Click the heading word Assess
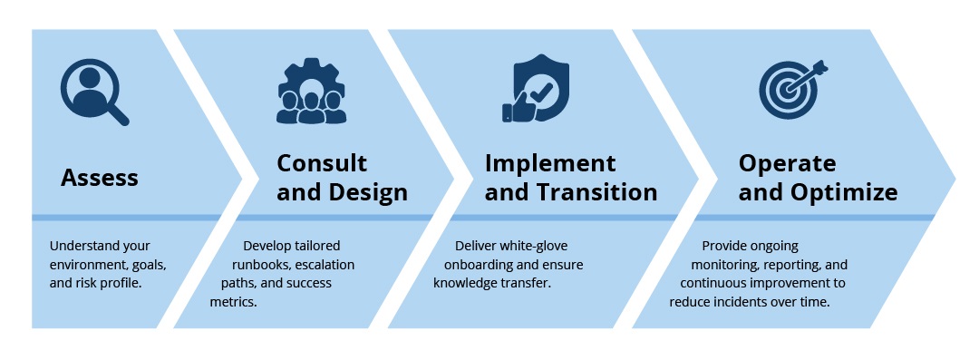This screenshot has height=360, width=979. tap(100, 177)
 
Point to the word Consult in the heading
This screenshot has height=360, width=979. tap(322, 163)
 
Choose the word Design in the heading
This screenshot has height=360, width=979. tap(366, 192)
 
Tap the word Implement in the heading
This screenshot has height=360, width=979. tap(550, 163)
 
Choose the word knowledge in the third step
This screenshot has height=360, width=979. tap(466, 283)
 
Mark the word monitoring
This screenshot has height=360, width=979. tap(723, 265)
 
